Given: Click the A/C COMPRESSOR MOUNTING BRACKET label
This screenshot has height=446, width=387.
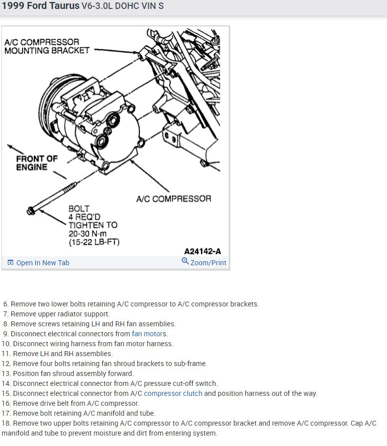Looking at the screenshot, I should point(47,46).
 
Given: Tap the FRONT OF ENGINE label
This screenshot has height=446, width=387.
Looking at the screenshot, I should point(37,163).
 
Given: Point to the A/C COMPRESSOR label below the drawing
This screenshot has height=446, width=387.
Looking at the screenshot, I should point(174,199).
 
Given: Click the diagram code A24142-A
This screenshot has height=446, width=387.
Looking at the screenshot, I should point(202,251).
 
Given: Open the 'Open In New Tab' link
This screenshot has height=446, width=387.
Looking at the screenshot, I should point(43,263).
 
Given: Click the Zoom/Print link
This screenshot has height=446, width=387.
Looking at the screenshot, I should point(208,263).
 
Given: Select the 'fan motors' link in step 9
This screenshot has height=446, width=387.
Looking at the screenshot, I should point(150,334).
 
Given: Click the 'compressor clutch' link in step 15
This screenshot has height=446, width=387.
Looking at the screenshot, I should point(173,393).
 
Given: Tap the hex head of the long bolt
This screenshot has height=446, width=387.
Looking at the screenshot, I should point(31,211).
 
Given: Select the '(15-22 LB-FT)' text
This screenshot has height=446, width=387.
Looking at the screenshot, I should point(95,242).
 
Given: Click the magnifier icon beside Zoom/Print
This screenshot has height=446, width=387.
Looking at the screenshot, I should point(185,261).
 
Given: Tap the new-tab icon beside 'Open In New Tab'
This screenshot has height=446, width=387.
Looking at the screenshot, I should point(10,263).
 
